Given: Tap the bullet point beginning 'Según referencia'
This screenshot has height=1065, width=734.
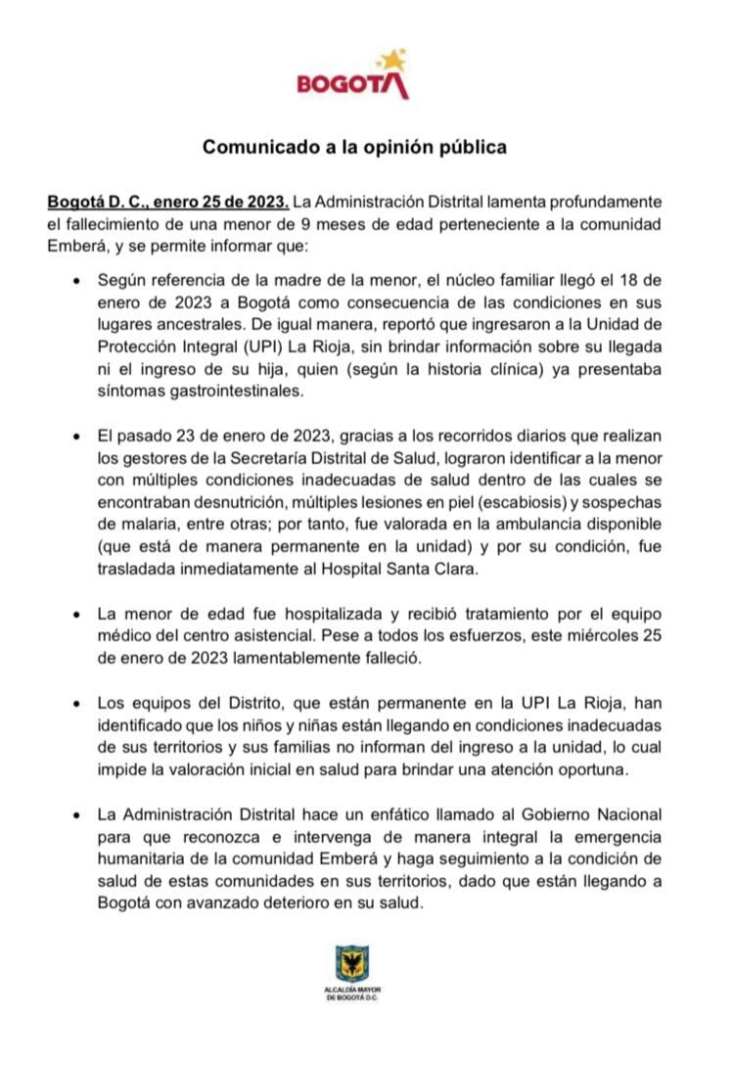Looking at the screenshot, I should pyautogui.click(x=77, y=280).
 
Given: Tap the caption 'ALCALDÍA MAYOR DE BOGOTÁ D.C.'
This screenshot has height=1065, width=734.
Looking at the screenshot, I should pyautogui.click(x=352, y=994).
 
